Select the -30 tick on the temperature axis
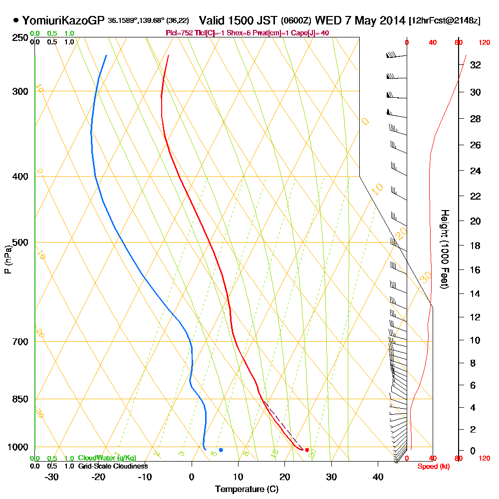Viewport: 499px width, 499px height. [x=52, y=477]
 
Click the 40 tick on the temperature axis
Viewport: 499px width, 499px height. [x=378, y=477]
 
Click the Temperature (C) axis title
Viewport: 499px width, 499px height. [x=247, y=490]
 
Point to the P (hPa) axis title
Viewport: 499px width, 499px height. [x=7, y=259]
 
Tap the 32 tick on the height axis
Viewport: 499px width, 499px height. [x=475, y=65]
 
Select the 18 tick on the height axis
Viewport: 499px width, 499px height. [x=475, y=246]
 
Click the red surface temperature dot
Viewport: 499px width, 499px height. [x=307, y=450]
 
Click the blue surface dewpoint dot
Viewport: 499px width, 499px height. [x=221, y=450]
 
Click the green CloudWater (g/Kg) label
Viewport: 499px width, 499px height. [x=107, y=458]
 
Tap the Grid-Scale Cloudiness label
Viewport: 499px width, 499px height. [x=113, y=466]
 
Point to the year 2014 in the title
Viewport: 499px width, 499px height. [x=391, y=21]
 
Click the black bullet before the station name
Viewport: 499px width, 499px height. [x=16, y=21]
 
